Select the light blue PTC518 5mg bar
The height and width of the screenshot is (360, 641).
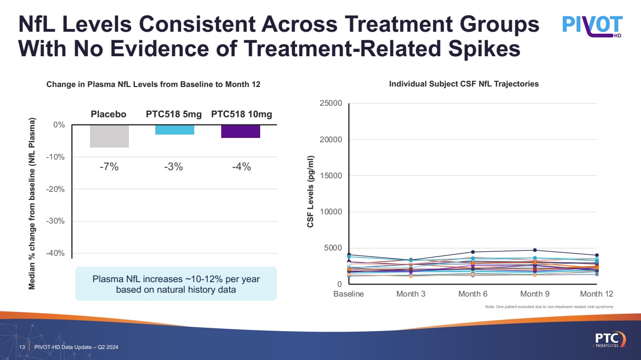click(x=175, y=130)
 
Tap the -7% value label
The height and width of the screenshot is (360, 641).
click(x=109, y=167)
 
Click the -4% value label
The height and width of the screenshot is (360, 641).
click(x=241, y=167)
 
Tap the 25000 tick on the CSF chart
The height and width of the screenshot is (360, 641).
click(x=331, y=103)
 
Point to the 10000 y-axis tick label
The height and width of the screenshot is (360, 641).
click(x=331, y=212)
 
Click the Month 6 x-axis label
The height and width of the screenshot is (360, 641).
click(x=469, y=294)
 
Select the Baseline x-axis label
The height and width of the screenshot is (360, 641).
click(x=349, y=294)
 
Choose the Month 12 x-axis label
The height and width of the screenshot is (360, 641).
click(x=597, y=294)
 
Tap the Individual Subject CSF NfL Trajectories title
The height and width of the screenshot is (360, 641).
click(x=464, y=84)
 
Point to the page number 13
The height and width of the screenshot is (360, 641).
click(x=22, y=348)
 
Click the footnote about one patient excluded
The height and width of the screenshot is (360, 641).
click(x=549, y=307)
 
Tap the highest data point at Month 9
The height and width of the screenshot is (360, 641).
click(x=535, y=250)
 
